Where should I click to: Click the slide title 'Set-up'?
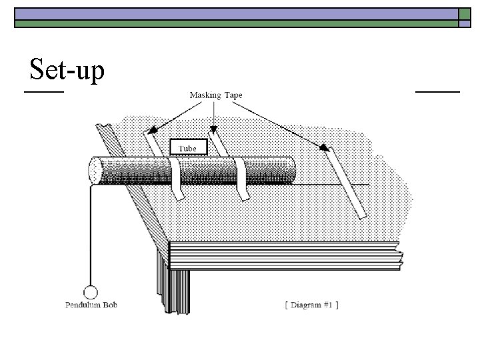(67, 71)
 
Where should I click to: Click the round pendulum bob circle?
(90, 291)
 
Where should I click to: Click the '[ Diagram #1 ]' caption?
(311, 305)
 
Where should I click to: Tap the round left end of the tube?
(94, 170)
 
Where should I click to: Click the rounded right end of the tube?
(291, 169)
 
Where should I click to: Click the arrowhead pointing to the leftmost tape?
(152, 131)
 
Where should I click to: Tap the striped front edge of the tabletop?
(287, 255)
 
